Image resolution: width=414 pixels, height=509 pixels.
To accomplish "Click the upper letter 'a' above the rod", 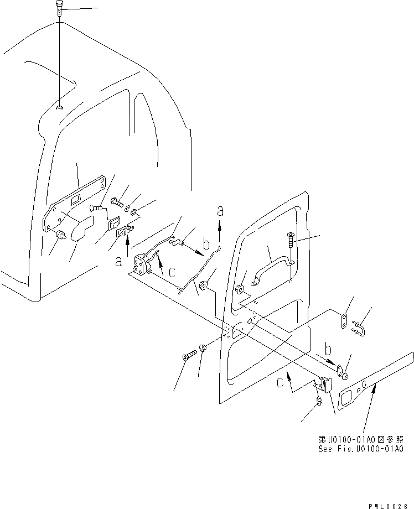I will pos(220,211).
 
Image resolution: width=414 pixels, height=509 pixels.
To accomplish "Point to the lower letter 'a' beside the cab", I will pos(118,261).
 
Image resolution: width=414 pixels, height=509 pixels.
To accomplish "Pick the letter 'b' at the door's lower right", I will pos(328,349).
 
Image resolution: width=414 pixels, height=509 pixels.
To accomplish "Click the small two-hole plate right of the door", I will pos(343,320).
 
